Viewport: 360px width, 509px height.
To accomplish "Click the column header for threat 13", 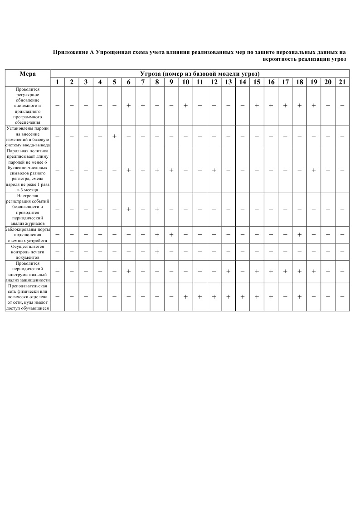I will tap(229, 82).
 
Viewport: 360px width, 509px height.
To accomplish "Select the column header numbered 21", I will tap(342, 82).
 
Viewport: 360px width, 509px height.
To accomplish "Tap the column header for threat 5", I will tap(114, 82).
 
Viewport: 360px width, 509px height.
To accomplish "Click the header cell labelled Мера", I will tap(28, 74).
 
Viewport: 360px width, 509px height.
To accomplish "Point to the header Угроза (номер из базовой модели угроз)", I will tap(199, 74).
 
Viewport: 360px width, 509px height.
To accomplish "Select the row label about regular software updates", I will tap(28, 106).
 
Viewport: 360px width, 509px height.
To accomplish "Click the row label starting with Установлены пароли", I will tap(28, 136).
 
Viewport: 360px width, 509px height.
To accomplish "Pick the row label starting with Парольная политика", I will tap(28, 170).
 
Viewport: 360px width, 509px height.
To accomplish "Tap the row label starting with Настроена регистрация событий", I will tap(28, 209).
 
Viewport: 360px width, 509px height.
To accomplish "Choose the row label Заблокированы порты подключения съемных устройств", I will tap(28, 235).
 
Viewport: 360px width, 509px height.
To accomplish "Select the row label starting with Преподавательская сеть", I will tap(28, 297).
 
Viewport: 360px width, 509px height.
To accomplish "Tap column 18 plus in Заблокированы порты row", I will tap(299, 235).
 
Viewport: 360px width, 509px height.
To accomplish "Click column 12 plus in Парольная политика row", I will tap(214, 170).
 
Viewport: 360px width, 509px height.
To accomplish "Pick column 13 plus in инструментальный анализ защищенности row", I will tap(229, 271).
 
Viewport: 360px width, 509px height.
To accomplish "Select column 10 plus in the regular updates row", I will tap(185, 106).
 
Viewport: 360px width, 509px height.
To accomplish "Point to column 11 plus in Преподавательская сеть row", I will tap(199, 297).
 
